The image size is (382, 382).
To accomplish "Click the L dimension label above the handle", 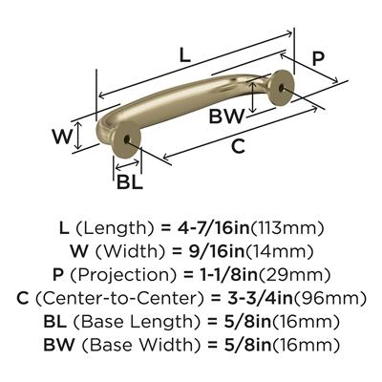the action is [185, 56].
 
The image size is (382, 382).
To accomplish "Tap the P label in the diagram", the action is [318, 58].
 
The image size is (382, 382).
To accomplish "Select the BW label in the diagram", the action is [226, 117].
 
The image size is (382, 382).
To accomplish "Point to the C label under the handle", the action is [238, 146].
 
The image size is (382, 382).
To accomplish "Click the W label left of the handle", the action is [63, 137].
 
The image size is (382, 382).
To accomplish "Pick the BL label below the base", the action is [130, 182].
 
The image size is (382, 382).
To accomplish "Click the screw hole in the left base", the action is [126, 139].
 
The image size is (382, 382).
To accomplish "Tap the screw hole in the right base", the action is [281, 87].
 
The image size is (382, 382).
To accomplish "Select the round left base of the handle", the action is [127, 139].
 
